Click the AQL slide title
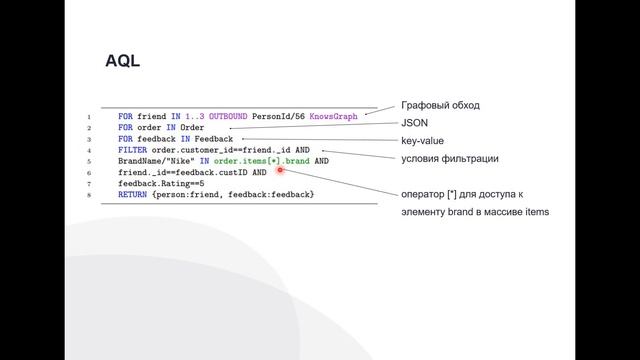click(122, 61)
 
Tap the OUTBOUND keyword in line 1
click(228, 116)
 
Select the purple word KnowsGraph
click(333, 116)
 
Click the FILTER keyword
click(132, 150)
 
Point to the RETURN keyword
click(132, 195)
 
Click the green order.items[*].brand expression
click(262, 161)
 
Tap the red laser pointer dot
click(280, 170)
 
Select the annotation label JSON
click(414, 123)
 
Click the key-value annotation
click(422, 141)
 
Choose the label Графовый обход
click(440, 105)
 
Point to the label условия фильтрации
click(450, 158)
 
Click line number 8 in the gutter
click(89, 195)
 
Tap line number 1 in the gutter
click(89, 117)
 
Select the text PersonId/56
click(278, 116)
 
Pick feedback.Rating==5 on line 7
click(161, 184)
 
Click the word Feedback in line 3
click(213, 139)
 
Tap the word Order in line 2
click(192, 127)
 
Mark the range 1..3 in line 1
click(195, 116)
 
